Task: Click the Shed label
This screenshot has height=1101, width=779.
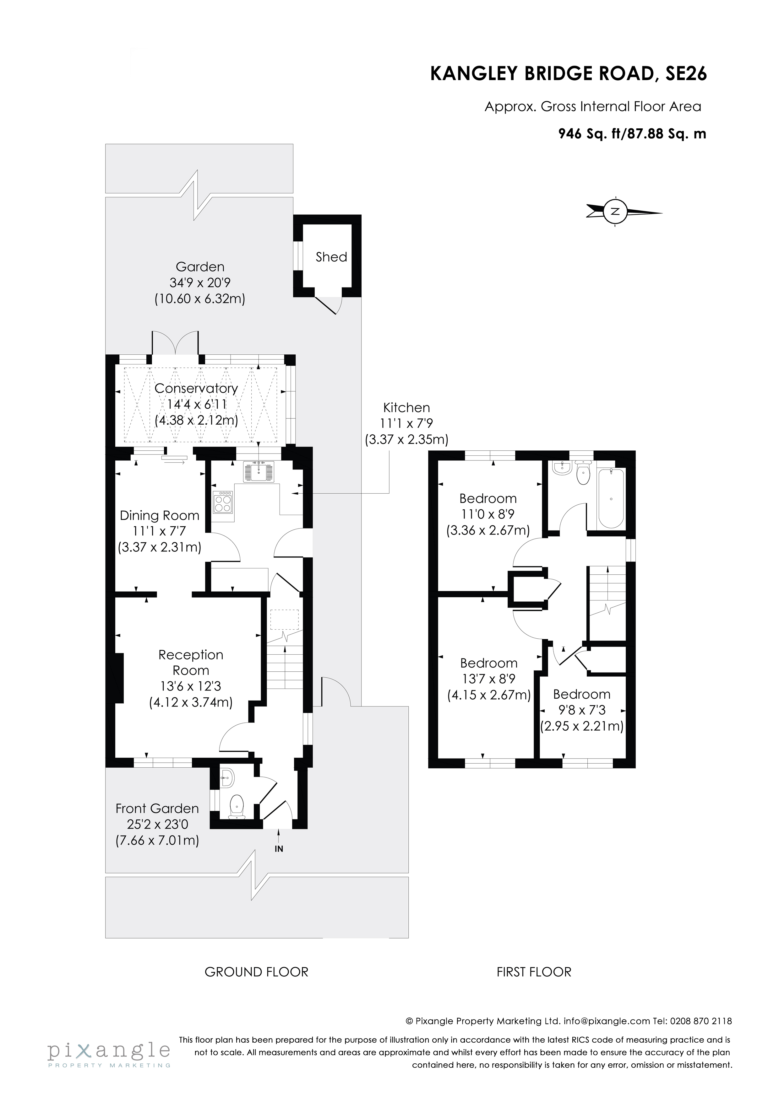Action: coord(331,257)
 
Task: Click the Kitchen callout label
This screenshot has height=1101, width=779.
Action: coord(406,408)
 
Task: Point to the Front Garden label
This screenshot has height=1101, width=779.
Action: coord(157,808)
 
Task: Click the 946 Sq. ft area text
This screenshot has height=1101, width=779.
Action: coord(632,134)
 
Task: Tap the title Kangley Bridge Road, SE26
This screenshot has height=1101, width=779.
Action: coord(568,74)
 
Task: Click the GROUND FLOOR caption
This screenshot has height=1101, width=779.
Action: coord(256,972)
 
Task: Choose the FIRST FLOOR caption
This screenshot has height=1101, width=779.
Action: coord(534,972)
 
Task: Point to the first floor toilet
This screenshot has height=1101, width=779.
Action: coord(582,473)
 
